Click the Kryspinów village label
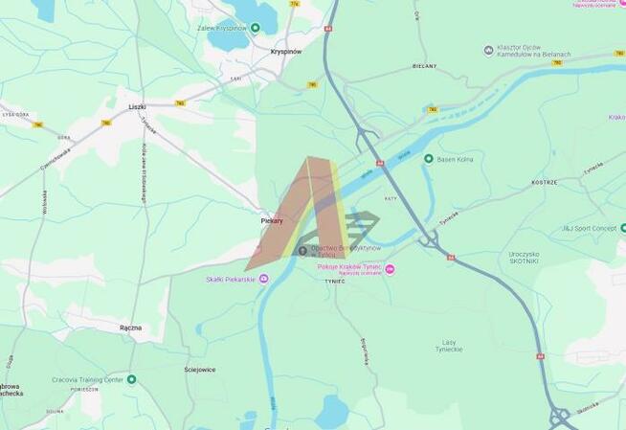click(285, 52)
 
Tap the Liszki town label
click(137, 107)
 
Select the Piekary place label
click(272, 220)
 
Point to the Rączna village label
click(130, 328)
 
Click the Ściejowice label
click(199, 369)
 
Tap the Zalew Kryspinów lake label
click(223, 28)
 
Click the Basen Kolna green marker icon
click(428, 159)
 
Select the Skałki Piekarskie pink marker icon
click(264, 279)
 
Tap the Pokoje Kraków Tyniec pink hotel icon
click(390, 268)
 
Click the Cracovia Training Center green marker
click(131, 379)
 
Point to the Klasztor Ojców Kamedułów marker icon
click(489, 50)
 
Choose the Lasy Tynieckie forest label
click(449, 346)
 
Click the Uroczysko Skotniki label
click(525, 257)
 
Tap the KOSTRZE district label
click(545, 181)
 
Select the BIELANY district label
click(424, 66)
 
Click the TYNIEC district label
click(333, 282)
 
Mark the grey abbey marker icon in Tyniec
click(303, 251)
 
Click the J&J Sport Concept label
click(588, 228)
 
